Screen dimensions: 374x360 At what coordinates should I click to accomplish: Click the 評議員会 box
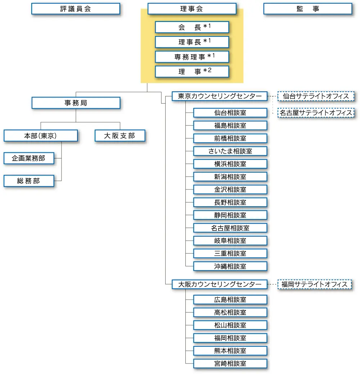coord(76,9)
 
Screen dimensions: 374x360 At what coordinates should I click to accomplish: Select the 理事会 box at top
coord(192,9)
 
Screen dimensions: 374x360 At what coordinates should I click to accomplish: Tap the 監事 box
coord(308,9)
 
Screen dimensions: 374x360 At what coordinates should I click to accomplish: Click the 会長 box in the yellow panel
coord(192,27)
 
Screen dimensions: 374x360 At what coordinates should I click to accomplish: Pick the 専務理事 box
coord(192,57)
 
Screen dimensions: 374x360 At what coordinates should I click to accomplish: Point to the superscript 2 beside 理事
coord(210,70)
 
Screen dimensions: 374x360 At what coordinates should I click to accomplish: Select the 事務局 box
coord(76,103)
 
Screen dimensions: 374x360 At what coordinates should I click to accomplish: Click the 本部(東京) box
coord(41,136)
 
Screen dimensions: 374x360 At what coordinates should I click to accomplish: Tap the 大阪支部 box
coord(120,136)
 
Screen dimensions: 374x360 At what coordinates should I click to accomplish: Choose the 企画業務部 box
coord(29,158)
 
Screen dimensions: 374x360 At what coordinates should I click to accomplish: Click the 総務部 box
coord(29,181)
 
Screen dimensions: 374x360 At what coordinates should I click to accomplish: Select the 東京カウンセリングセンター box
coord(220,96)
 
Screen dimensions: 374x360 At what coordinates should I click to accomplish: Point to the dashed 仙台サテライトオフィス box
coord(316,96)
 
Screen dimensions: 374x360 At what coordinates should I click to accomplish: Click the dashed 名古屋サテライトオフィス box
coord(316,113)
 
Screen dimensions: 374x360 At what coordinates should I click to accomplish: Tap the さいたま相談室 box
coord(230,151)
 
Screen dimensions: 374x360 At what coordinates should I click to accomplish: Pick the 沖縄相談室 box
coord(230,266)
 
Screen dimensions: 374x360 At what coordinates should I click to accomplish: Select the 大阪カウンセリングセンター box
coord(220,284)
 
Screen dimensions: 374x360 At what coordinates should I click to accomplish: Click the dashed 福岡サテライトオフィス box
coord(315,284)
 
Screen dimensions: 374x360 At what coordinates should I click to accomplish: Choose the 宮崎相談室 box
coord(230,364)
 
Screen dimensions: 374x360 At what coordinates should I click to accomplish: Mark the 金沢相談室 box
coord(230,190)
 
